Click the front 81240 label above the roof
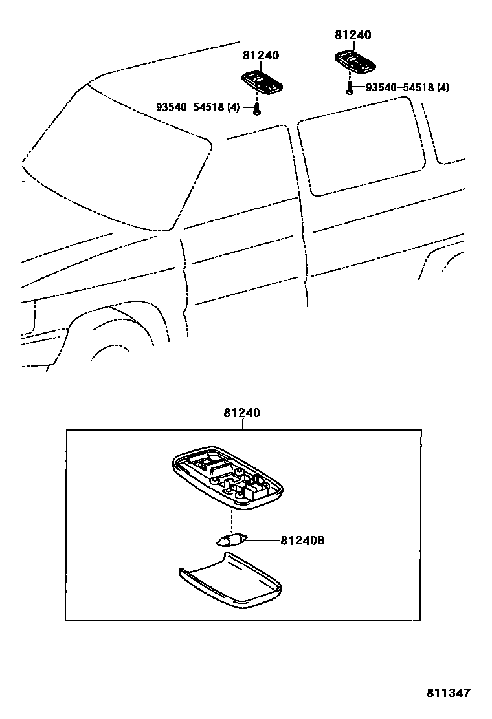click(261, 56)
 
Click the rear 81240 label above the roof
click(353, 36)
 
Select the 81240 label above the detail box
click(242, 413)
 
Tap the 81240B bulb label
click(302, 540)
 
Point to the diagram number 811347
click(448, 692)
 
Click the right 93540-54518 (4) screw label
click(407, 87)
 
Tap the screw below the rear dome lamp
click(350, 89)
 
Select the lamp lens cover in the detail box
click(230, 579)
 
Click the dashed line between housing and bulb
click(231, 520)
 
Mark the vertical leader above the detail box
click(242, 424)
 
